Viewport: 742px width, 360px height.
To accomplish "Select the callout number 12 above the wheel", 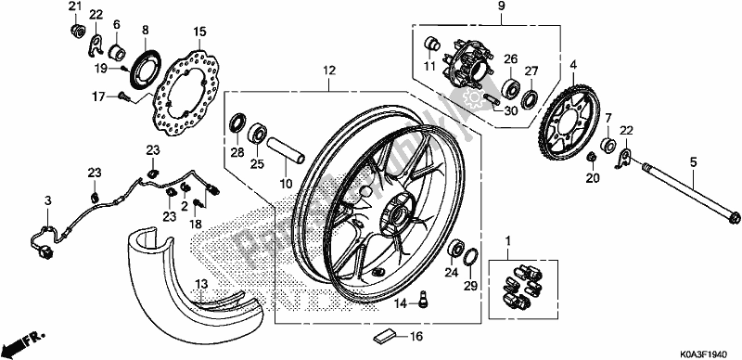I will [x=328, y=70].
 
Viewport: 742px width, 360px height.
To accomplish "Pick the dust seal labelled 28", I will [x=238, y=122].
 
